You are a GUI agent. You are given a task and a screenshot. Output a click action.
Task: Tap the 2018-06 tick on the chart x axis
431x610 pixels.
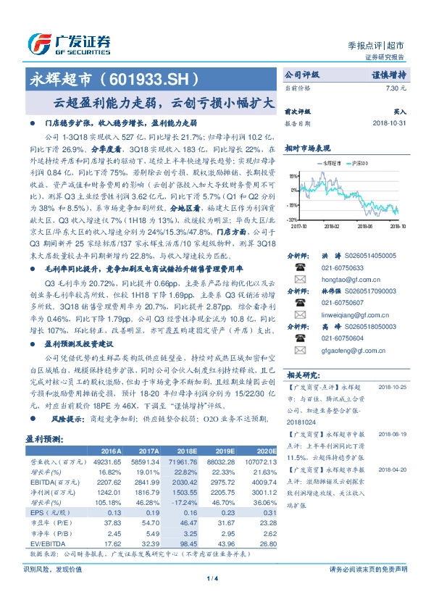(365, 225)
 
